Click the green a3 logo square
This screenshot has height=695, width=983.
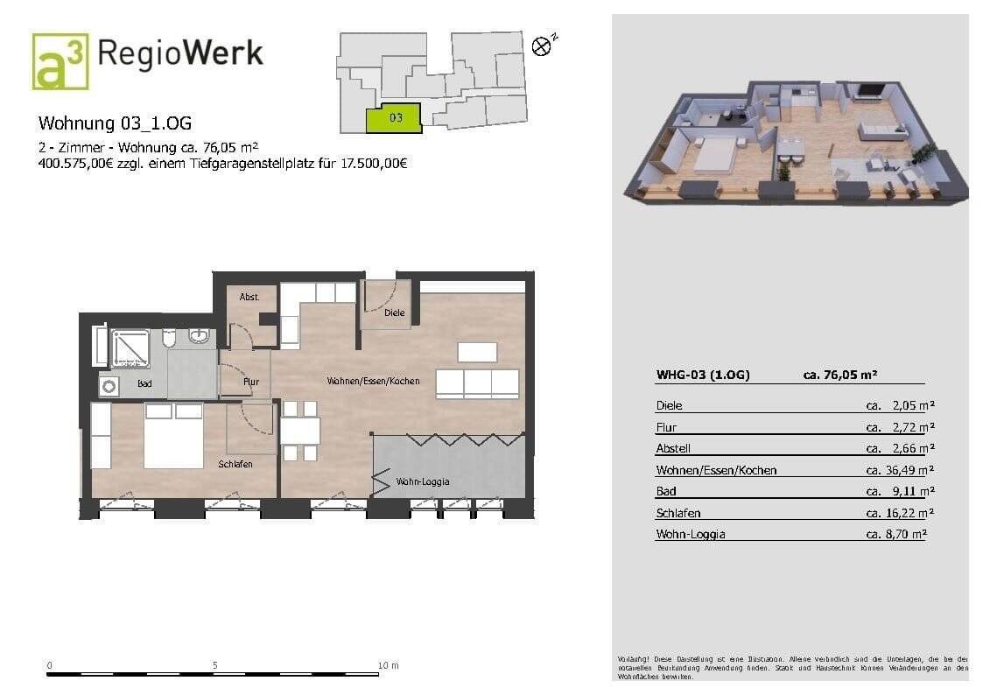(x=60, y=62)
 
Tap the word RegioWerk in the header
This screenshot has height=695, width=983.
(x=179, y=53)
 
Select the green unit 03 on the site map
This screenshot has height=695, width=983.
(x=393, y=118)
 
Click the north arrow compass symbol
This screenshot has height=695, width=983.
(x=543, y=46)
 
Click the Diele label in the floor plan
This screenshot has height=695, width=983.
(x=394, y=312)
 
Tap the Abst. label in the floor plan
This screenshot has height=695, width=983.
(x=249, y=297)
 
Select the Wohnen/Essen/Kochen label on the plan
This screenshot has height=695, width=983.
(x=373, y=381)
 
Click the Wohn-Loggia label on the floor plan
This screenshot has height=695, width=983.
(x=423, y=481)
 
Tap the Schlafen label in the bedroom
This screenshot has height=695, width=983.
(x=235, y=464)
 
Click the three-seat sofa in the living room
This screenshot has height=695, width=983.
(x=477, y=383)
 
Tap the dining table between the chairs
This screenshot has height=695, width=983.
(x=299, y=431)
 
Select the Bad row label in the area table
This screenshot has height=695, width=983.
(x=666, y=491)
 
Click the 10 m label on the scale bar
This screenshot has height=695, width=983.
(x=388, y=665)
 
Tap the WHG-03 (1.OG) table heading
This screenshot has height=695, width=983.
(x=703, y=375)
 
